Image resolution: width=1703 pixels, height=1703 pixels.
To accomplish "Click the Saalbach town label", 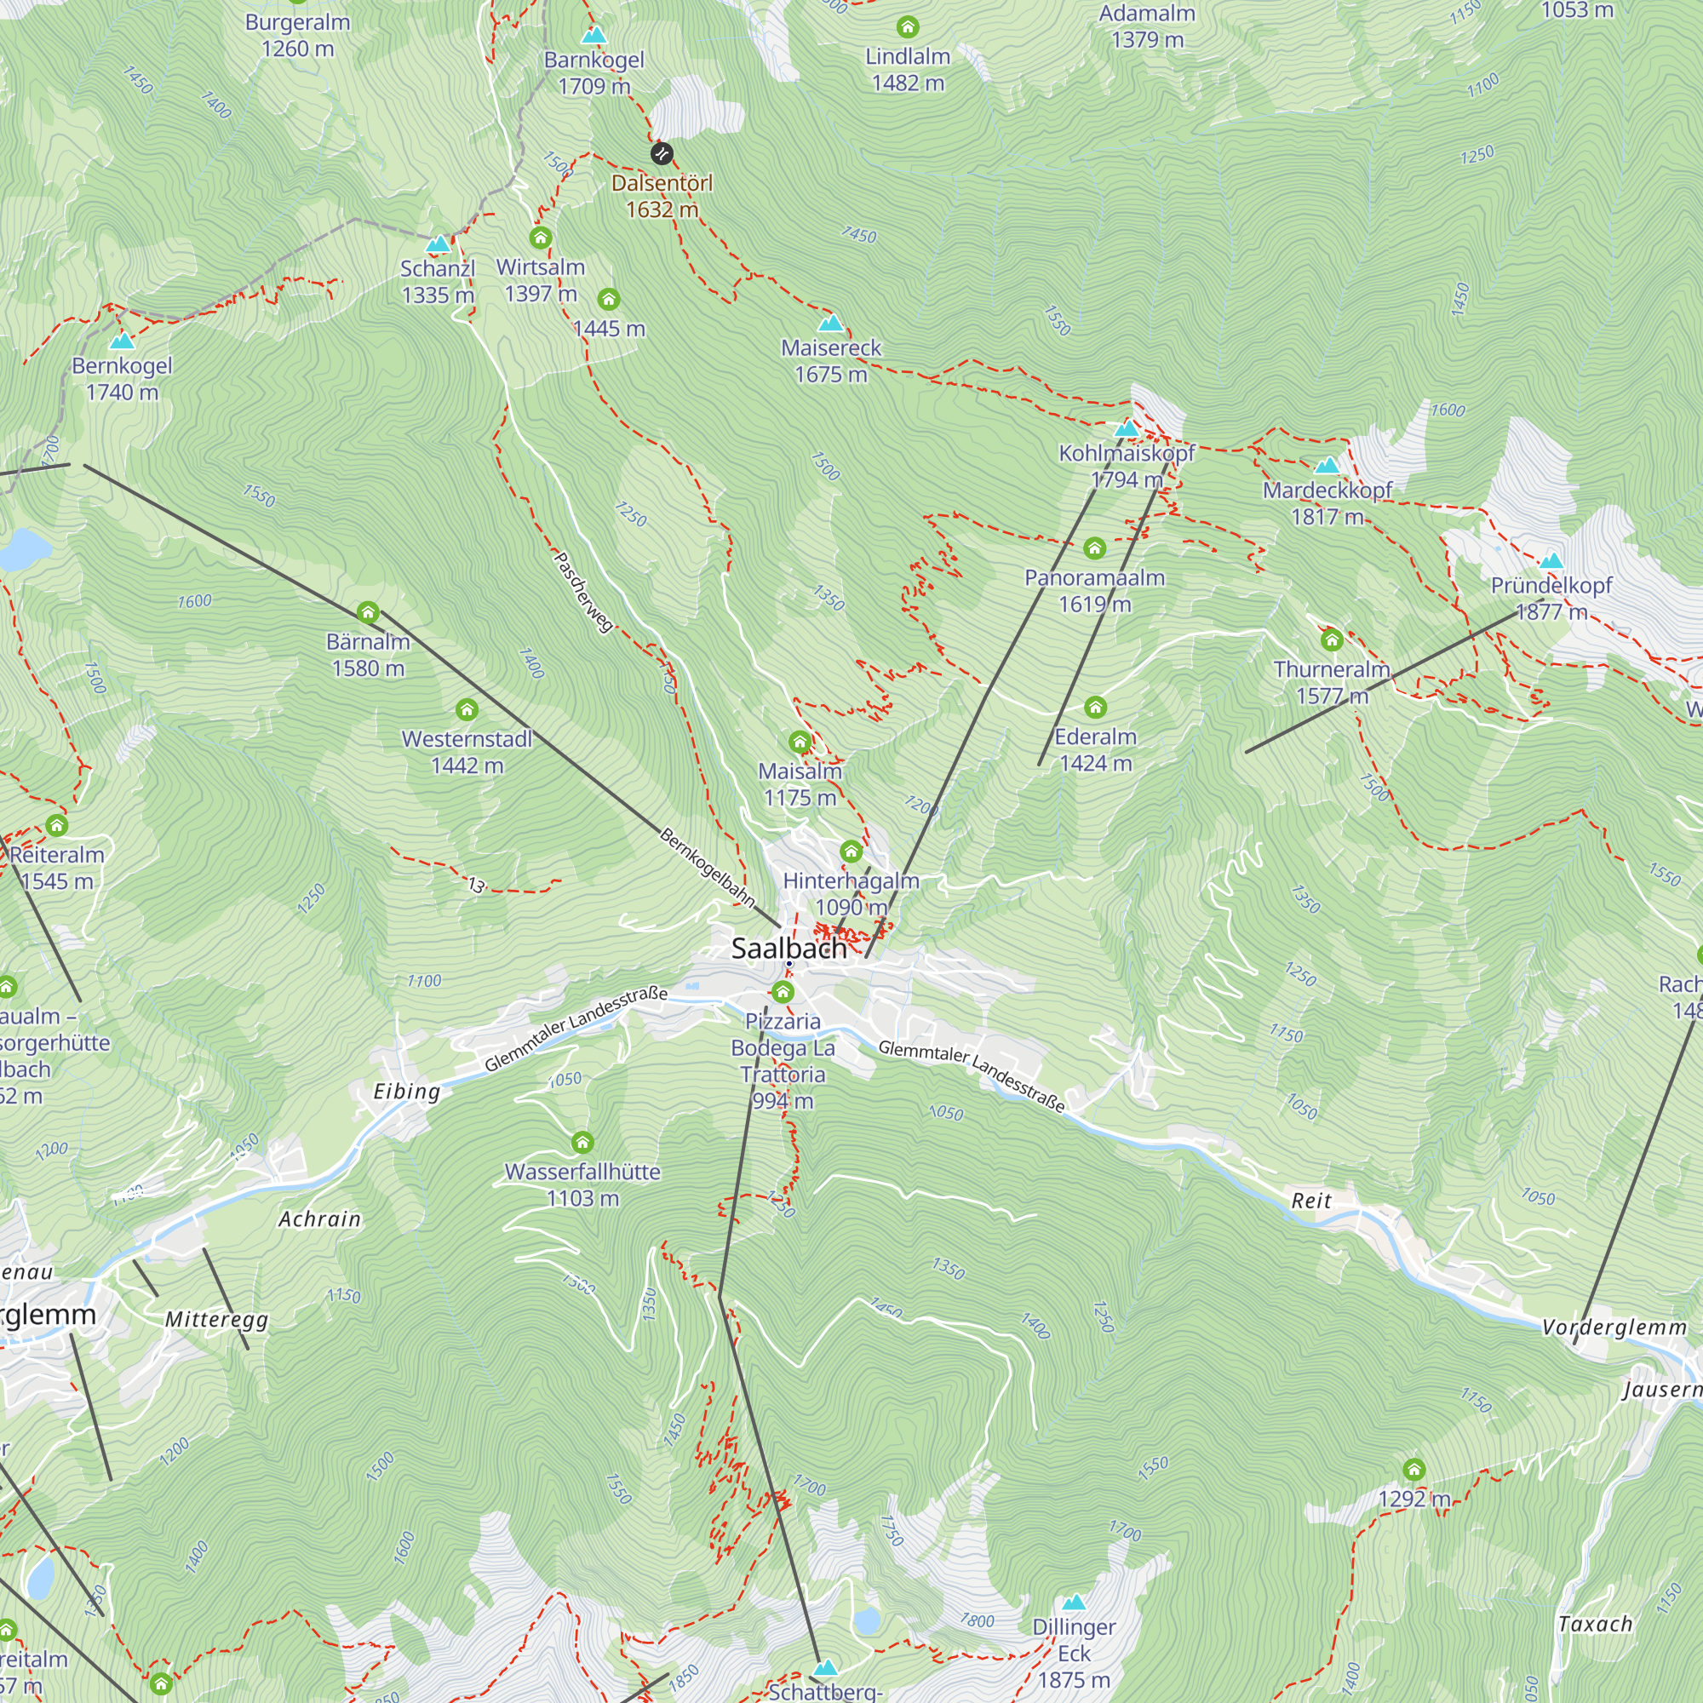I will [789, 949].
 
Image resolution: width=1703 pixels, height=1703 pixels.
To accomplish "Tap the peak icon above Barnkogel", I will [594, 35].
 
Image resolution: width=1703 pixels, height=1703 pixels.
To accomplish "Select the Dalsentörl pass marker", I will [661, 153].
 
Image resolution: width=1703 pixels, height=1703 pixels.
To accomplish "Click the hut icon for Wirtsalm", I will [541, 238].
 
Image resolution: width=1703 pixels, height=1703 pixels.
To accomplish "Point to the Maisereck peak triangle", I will [830, 323].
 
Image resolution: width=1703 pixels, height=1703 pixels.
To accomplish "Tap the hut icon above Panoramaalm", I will [1094, 548].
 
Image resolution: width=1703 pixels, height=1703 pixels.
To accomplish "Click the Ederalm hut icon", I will [1095, 707].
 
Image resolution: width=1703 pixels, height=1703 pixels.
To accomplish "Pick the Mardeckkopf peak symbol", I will [1327, 465].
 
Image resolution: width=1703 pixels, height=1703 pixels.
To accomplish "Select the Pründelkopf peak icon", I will [1551, 559].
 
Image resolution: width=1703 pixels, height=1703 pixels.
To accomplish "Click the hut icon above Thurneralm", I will [1331, 639].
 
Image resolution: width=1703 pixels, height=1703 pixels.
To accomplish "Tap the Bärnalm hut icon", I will [368, 611].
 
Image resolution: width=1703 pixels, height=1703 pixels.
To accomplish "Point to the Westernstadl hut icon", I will [467, 709].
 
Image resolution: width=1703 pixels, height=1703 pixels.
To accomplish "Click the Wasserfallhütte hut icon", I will [582, 1143].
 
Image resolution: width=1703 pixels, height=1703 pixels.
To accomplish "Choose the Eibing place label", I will [406, 1092].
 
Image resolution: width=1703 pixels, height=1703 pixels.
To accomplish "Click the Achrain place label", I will [319, 1219].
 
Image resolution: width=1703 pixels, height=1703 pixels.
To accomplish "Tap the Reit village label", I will [1310, 1201].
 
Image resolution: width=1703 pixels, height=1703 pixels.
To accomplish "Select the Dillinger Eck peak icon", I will [1073, 1602].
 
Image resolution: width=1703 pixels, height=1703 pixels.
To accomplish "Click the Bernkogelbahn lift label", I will [707, 867].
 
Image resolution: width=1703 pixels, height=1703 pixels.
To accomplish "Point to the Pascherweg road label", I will [582, 592].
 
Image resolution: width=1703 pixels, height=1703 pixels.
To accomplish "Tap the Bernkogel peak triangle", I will [122, 341].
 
